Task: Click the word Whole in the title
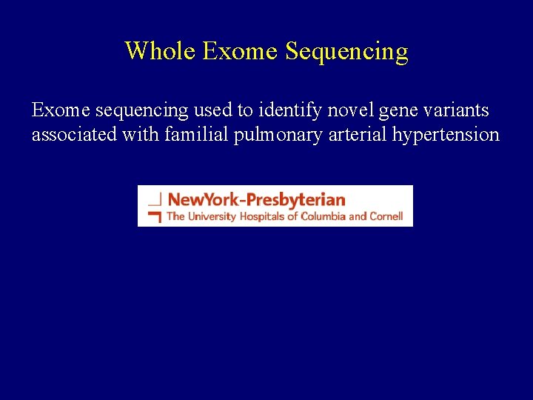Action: (160, 51)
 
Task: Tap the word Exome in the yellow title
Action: (240, 51)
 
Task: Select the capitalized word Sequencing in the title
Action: (346, 52)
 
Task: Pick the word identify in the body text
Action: (293, 111)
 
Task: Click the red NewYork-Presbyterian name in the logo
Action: (256, 199)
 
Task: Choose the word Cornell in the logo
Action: (386, 216)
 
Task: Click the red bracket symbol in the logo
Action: (154, 216)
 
